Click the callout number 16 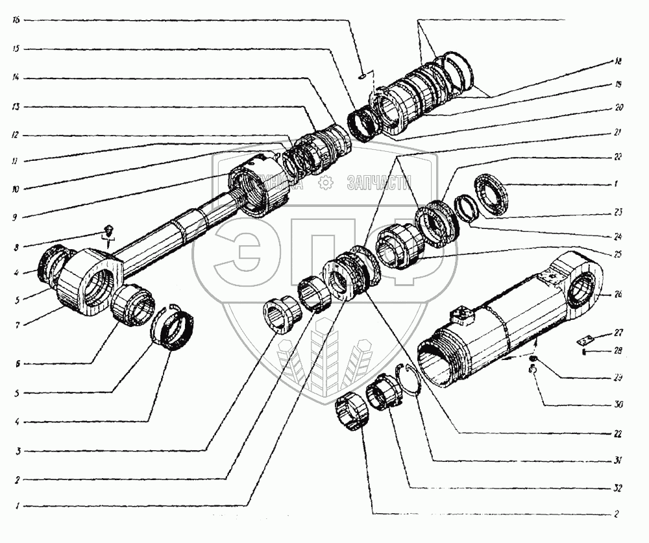(16, 21)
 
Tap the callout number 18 (618, 62)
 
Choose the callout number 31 (618, 461)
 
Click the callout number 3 (16, 451)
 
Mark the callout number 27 (618, 333)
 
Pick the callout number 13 (16, 106)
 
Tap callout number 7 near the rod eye (16, 323)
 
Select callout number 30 (618, 405)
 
